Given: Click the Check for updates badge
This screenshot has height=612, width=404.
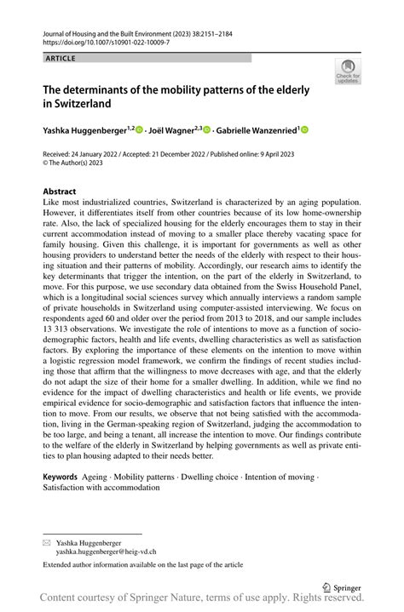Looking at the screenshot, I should (349, 71).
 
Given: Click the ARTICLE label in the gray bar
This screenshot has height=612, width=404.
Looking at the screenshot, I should (59, 58).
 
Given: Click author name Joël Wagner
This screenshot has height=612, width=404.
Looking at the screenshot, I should (173, 130).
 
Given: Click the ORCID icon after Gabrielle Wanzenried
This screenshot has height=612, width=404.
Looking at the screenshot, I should (304, 130).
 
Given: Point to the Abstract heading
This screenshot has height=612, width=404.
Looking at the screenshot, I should (60, 192).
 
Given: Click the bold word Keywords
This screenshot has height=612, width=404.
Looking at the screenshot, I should (65, 478).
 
